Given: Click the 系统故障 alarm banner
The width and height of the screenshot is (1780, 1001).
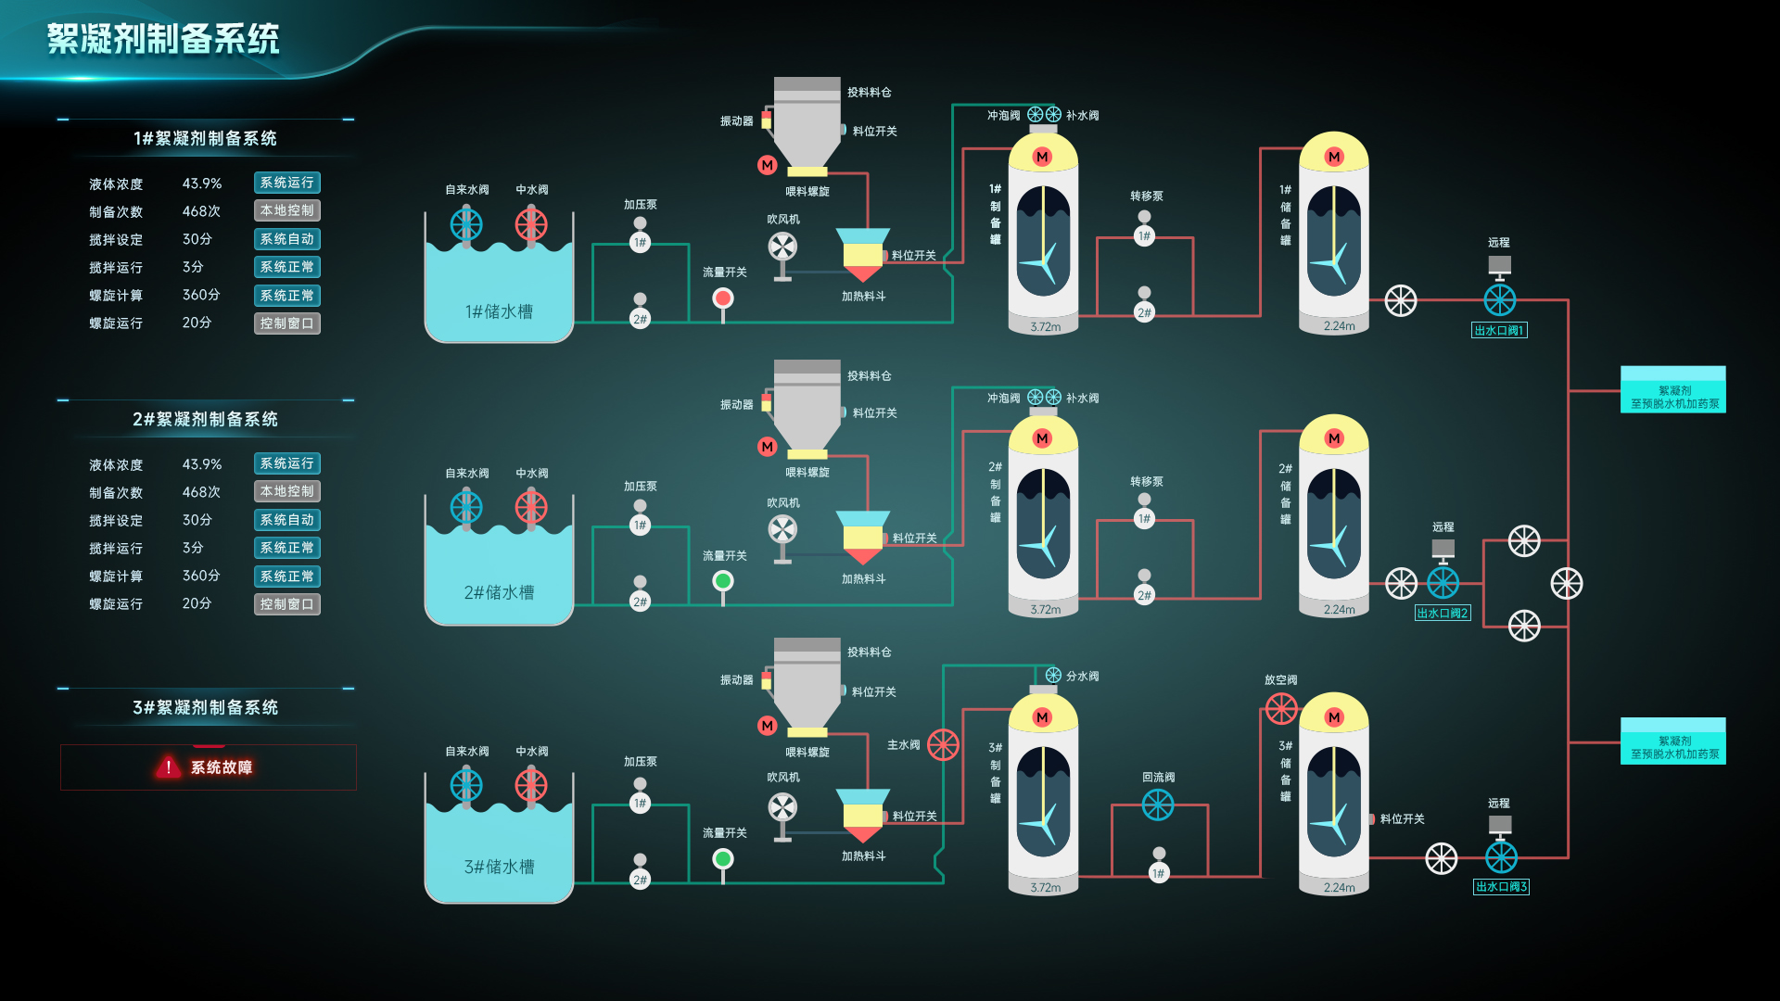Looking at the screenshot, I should click(209, 767).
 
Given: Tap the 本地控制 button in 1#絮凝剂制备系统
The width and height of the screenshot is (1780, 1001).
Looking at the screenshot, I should click(287, 211).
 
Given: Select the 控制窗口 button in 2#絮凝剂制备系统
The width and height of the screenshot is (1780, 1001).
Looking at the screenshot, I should click(287, 604).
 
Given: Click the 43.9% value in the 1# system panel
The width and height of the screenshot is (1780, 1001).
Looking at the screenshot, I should click(202, 184).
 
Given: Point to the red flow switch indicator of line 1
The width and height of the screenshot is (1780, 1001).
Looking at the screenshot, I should click(723, 298).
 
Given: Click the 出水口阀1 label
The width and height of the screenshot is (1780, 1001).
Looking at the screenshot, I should click(1499, 331).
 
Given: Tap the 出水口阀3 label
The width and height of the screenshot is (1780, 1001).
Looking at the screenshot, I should click(1501, 887).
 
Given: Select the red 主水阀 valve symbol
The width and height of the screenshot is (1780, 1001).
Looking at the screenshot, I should click(943, 745).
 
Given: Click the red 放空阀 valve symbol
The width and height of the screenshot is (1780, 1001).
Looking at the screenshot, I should click(1281, 709).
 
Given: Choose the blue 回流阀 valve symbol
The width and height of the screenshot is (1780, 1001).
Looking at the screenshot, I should click(1158, 805).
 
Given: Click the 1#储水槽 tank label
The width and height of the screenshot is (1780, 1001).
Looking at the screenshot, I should click(499, 311).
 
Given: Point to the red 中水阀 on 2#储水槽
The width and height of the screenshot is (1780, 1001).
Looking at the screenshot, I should click(531, 507).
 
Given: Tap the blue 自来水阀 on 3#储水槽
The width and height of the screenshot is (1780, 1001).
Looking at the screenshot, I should click(466, 785).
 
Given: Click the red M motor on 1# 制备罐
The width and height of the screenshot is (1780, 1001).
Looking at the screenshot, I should click(1042, 157).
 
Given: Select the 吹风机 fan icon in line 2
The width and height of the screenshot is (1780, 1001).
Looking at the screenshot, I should click(782, 529).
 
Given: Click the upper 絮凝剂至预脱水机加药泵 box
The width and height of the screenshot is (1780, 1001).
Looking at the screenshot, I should click(1673, 390).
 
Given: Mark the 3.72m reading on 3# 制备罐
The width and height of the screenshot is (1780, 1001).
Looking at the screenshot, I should click(1045, 888).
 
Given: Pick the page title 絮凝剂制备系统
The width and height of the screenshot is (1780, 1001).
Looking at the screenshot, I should click(163, 39).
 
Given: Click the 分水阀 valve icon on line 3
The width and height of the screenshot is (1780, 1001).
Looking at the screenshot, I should click(1053, 676).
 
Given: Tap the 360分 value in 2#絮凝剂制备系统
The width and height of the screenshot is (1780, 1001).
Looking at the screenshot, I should click(201, 576).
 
